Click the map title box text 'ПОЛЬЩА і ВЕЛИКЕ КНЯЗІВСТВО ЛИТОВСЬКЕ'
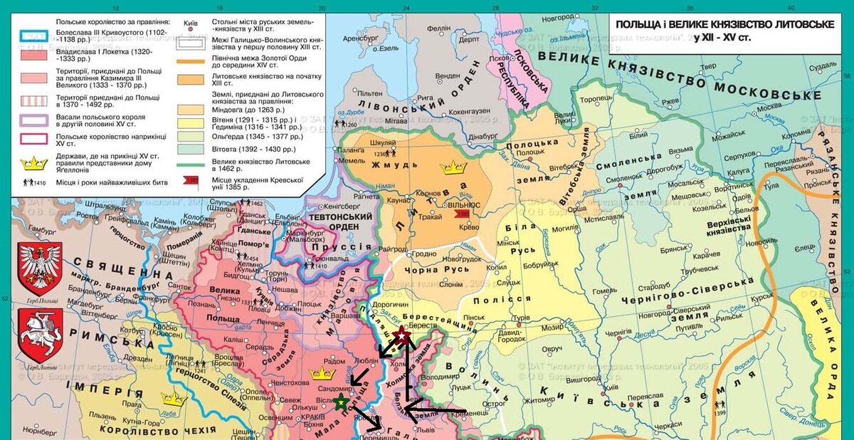tap(724, 25)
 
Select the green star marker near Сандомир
tap(341, 403)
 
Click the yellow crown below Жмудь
tap(452, 169)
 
